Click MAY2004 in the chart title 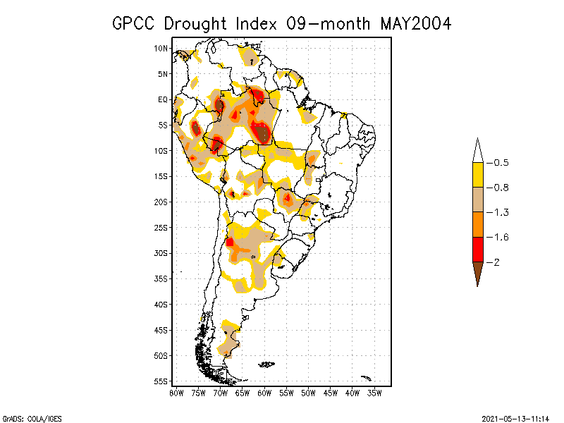pyautogui.click(x=415, y=23)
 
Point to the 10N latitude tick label pyautogui.click(x=161, y=48)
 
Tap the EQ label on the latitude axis pyautogui.click(x=162, y=99)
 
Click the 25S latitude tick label pyautogui.click(x=161, y=227)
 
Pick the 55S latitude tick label pyautogui.click(x=161, y=381)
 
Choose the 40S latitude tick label pyautogui.click(x=161, y=304)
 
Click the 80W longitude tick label pyautogui.click(x=176, y=393)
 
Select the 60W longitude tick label pyautogui.click(x=264, y=393)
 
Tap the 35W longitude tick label pyautogui.click(x=374, y=393)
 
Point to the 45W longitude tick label pyautogui.click(x=331, y=393)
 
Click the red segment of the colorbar pyautogui.click(x=477, y=249)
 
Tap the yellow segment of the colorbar pyautogui.click(x=477, y=175)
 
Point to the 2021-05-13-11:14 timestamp pyautogui.click(x=515, y=418)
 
